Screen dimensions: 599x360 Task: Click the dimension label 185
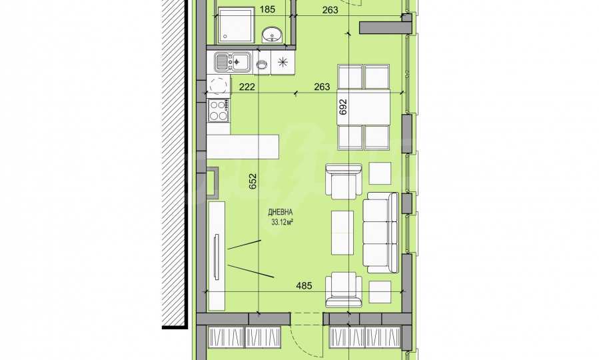[267, 9]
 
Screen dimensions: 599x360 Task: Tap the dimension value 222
[247, 87]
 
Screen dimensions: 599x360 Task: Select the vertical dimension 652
[253, 181]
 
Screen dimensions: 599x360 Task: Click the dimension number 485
[304, 285]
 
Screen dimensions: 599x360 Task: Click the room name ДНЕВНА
[281, 212]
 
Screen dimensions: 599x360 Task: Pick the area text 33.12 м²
[282, 222]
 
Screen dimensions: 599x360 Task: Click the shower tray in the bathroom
[235, 25]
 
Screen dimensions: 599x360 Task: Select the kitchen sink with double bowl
[233, 62]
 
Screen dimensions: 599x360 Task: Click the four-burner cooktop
[218, 110]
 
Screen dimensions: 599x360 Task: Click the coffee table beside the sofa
[342, 233]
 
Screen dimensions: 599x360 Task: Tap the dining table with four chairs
[364, 107]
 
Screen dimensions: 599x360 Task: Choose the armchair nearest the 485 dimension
[343, 290]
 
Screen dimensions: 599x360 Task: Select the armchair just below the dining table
[343, 181]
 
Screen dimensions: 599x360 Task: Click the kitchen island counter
[243, 147]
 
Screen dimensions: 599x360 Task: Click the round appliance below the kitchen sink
[219, 85]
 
